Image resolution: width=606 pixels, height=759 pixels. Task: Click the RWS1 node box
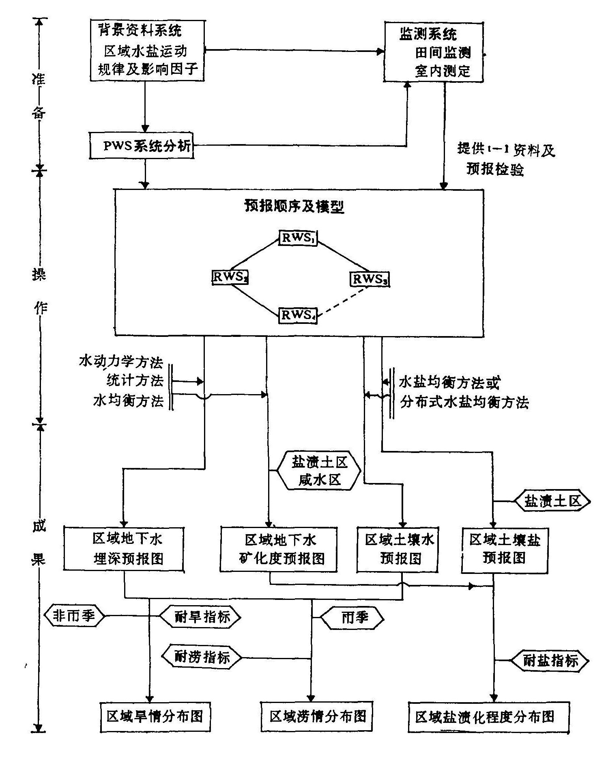[x=298, y=237]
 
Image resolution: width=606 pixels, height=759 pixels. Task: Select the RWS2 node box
[x=230, y=277]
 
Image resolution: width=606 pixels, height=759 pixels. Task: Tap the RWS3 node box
[x=369, y=279]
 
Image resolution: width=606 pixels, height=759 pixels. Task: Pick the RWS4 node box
[x=298, y=315]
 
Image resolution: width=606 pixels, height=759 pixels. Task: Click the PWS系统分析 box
[x=142, y=145]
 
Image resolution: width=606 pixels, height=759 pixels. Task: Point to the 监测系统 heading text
[x=428, y=34]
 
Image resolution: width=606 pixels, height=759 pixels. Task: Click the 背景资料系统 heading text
[x=140, y=30]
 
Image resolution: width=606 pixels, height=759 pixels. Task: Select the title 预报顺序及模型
[x=294, y=207]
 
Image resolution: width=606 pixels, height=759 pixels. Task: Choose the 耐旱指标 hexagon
[x=200, y=617]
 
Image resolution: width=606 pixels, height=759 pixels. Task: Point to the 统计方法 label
[x=135, y=381]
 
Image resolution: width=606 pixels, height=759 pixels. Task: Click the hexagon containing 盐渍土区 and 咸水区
[x=318, y=471]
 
